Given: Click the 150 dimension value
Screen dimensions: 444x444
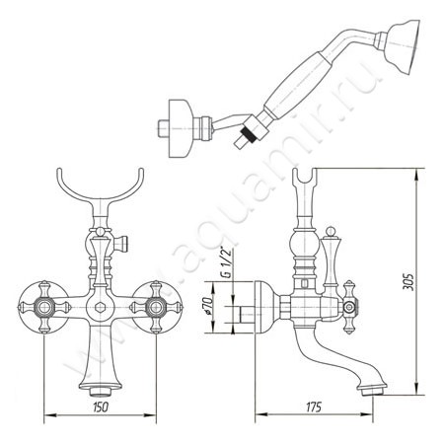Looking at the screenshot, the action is (x=101, y=407).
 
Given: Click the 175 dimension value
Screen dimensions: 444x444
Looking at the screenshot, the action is (x=314, y=407).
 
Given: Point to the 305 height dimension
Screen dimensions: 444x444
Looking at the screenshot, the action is (x=408, y=281).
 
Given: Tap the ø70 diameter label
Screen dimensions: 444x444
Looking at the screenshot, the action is (x=206, y=305).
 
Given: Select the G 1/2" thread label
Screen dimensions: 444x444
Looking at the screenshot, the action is (x=228, y=262).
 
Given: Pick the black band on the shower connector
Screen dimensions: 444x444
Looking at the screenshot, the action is (x=248, y=135).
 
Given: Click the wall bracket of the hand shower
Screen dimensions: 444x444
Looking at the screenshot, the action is (x=180, y=128).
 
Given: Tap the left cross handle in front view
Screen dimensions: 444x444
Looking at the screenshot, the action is (x=43, y=308).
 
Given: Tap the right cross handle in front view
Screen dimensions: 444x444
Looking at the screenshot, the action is (x=156, y=308).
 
